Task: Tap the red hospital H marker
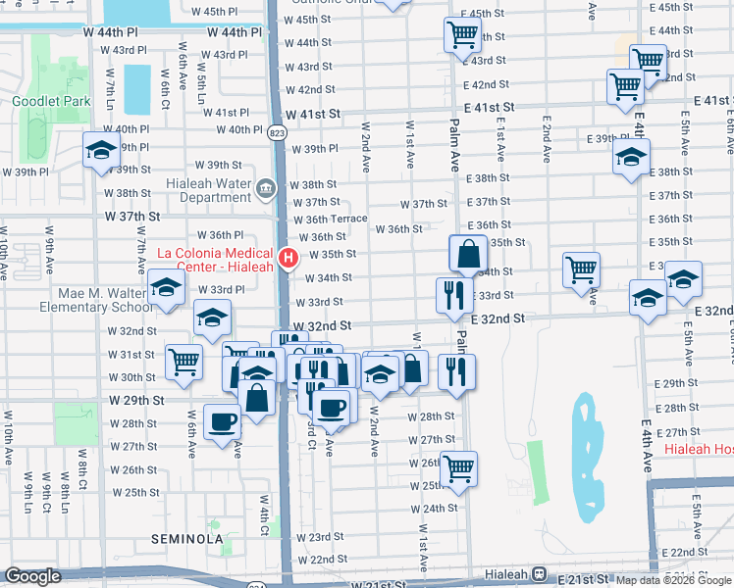point(288,259)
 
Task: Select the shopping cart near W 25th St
point(459,468)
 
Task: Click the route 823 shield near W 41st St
point(279,130)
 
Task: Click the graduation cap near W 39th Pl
point(101,150)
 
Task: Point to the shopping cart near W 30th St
point(183,362)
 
